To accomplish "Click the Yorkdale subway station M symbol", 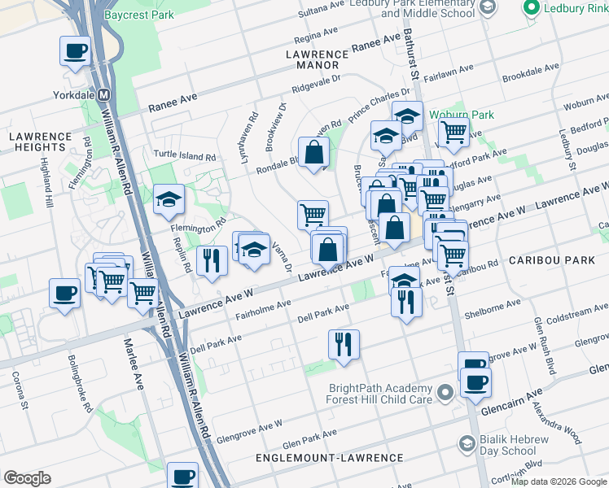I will (103, 94).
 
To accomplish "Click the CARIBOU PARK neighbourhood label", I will (550, 258).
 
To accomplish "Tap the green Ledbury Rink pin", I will (533, 8).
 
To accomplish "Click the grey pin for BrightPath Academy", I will (445, 394).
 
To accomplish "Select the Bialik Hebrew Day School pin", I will (467, 443).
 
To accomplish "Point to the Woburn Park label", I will (465, 115).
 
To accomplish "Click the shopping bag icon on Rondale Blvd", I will (313, 152).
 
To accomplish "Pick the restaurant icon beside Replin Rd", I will (212, 261).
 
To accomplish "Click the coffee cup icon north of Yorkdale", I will (75, 52).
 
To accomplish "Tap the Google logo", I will (27, 478).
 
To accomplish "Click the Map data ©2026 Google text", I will (559, 481).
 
